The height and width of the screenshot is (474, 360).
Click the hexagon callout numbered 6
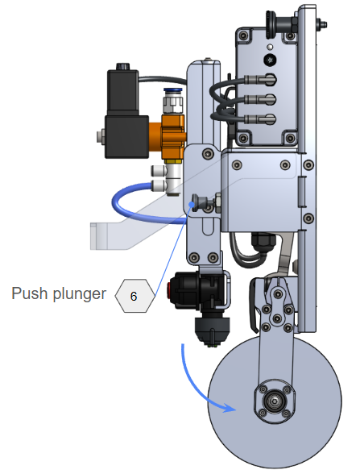[134, 296]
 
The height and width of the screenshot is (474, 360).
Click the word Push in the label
[30, 293]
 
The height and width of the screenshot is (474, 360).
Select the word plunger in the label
[80, 293]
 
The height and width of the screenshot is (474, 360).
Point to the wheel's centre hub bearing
[274, 401]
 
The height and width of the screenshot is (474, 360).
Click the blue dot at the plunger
[191, 205]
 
